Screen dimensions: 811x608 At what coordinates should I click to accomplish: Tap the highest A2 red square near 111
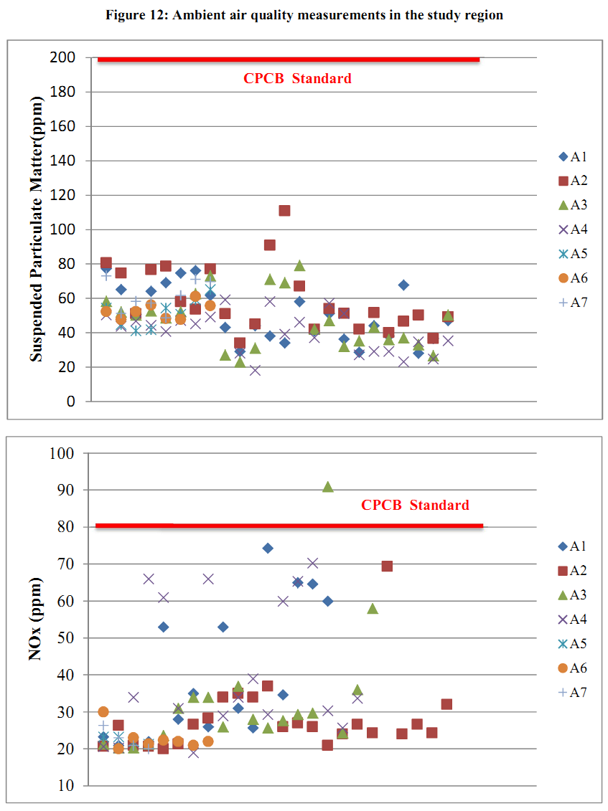284,210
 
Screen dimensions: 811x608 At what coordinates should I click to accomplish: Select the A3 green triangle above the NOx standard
327,486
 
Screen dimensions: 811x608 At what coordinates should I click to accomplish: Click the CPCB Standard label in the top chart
297,79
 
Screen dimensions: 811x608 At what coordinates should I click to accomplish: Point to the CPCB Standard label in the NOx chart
415,506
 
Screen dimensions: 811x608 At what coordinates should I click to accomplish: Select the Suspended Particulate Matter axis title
38,229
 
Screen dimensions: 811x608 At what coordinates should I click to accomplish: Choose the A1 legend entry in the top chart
574,157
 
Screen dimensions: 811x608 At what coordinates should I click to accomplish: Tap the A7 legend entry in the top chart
574,302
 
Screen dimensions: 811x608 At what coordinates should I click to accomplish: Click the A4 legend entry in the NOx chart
574,620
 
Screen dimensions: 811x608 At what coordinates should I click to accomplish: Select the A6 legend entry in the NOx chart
574,668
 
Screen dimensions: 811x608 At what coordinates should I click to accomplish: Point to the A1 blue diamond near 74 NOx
268,548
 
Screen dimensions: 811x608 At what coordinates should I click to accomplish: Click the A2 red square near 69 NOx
387,566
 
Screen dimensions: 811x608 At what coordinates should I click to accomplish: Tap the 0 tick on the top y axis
71,402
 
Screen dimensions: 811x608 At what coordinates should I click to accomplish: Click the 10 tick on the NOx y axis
66,785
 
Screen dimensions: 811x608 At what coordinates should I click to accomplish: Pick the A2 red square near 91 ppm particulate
269,245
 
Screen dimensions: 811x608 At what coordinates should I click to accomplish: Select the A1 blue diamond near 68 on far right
403,285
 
